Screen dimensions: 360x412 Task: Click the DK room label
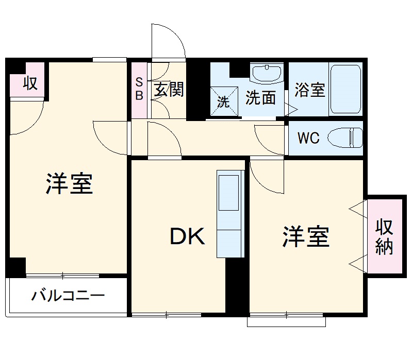[x=188, y=236]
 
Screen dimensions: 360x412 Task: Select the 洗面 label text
[x=260, y=98]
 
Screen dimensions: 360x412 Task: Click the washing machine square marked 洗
[x=223, y=101]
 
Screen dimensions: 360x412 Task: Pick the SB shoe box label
[x=139, y=89]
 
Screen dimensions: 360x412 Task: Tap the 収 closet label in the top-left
[x=30, y=82]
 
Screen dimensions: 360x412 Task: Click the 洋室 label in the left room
[x=69, y=184]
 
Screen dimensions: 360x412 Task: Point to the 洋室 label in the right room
[x=305, y=236]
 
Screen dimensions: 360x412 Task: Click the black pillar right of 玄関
[x=196, y=90]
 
